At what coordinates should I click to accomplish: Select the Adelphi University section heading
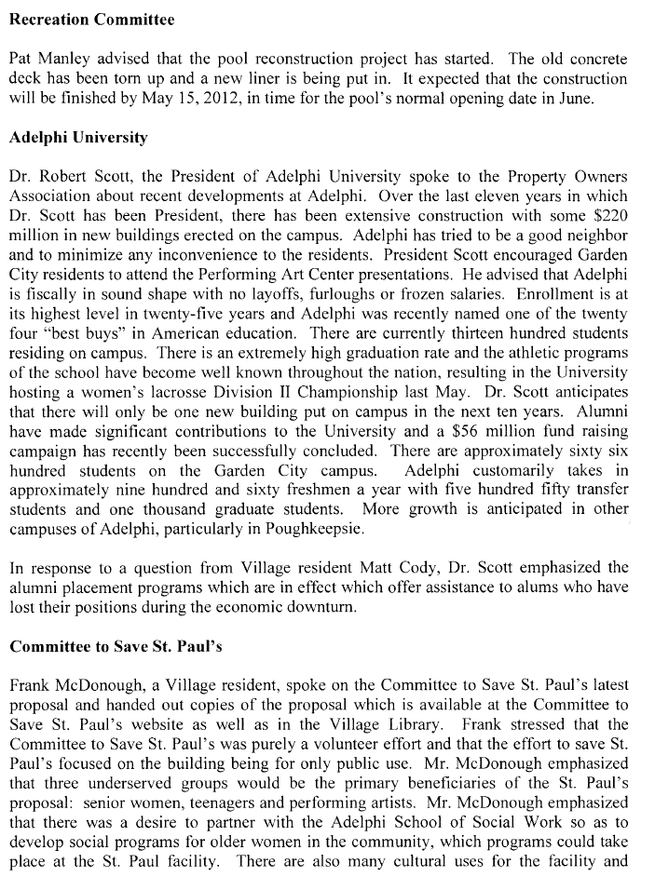(78, 138)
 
